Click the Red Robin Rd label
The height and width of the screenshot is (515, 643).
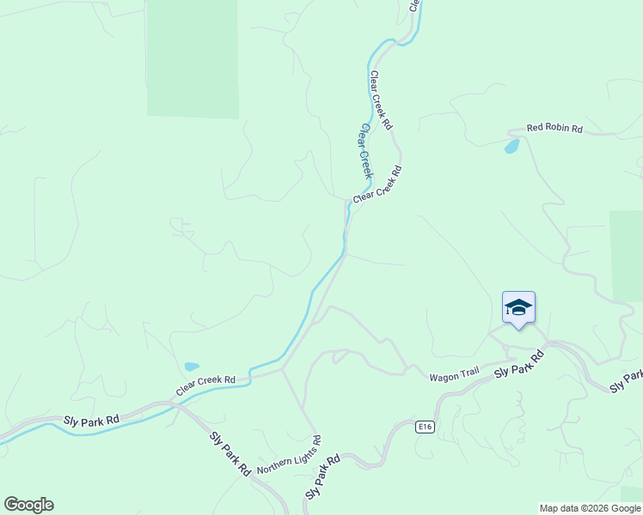click(x=554, y=129)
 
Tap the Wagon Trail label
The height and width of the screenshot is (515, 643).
click(x=454, y=375)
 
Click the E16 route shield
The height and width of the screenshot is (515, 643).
click(x=424, y=427)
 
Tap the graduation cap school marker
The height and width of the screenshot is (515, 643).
click(x=518, y=307)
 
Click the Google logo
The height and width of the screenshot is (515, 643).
click(x=28, y=505)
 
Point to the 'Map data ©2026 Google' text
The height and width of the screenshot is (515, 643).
click(x=590, y=508)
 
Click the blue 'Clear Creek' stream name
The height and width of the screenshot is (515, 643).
click(x=366, y=151)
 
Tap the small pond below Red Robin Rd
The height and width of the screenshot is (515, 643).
click(x=511, y=147)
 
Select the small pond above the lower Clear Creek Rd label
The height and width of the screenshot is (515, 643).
click(x=191, y=367)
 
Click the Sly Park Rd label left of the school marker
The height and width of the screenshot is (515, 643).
click(x=520, y=365)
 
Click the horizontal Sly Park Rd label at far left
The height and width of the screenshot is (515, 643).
click(x=91, y=421)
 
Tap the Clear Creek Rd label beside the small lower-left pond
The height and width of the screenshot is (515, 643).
click(x=206, y=385)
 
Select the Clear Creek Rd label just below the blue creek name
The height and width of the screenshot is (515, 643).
click(x=377, y=185)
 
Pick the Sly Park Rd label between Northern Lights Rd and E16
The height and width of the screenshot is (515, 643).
click(x=323, y=477)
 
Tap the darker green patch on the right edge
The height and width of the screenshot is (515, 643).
click(x=627, y=255)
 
